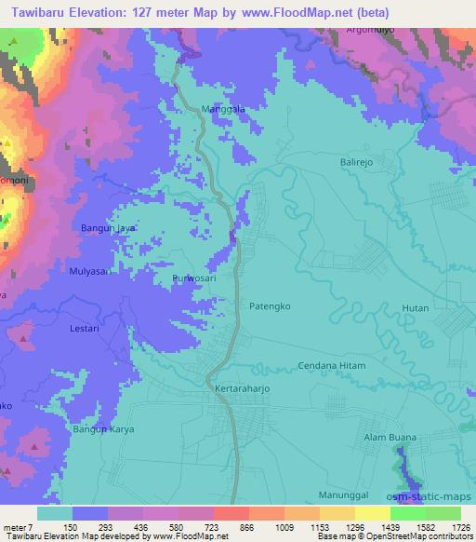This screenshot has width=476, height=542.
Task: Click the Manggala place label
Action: [223, 109]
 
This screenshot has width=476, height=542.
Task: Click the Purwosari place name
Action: [194, 278]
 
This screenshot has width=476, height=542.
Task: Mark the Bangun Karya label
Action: [106, 429]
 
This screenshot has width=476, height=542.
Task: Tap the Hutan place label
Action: [414, 307]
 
